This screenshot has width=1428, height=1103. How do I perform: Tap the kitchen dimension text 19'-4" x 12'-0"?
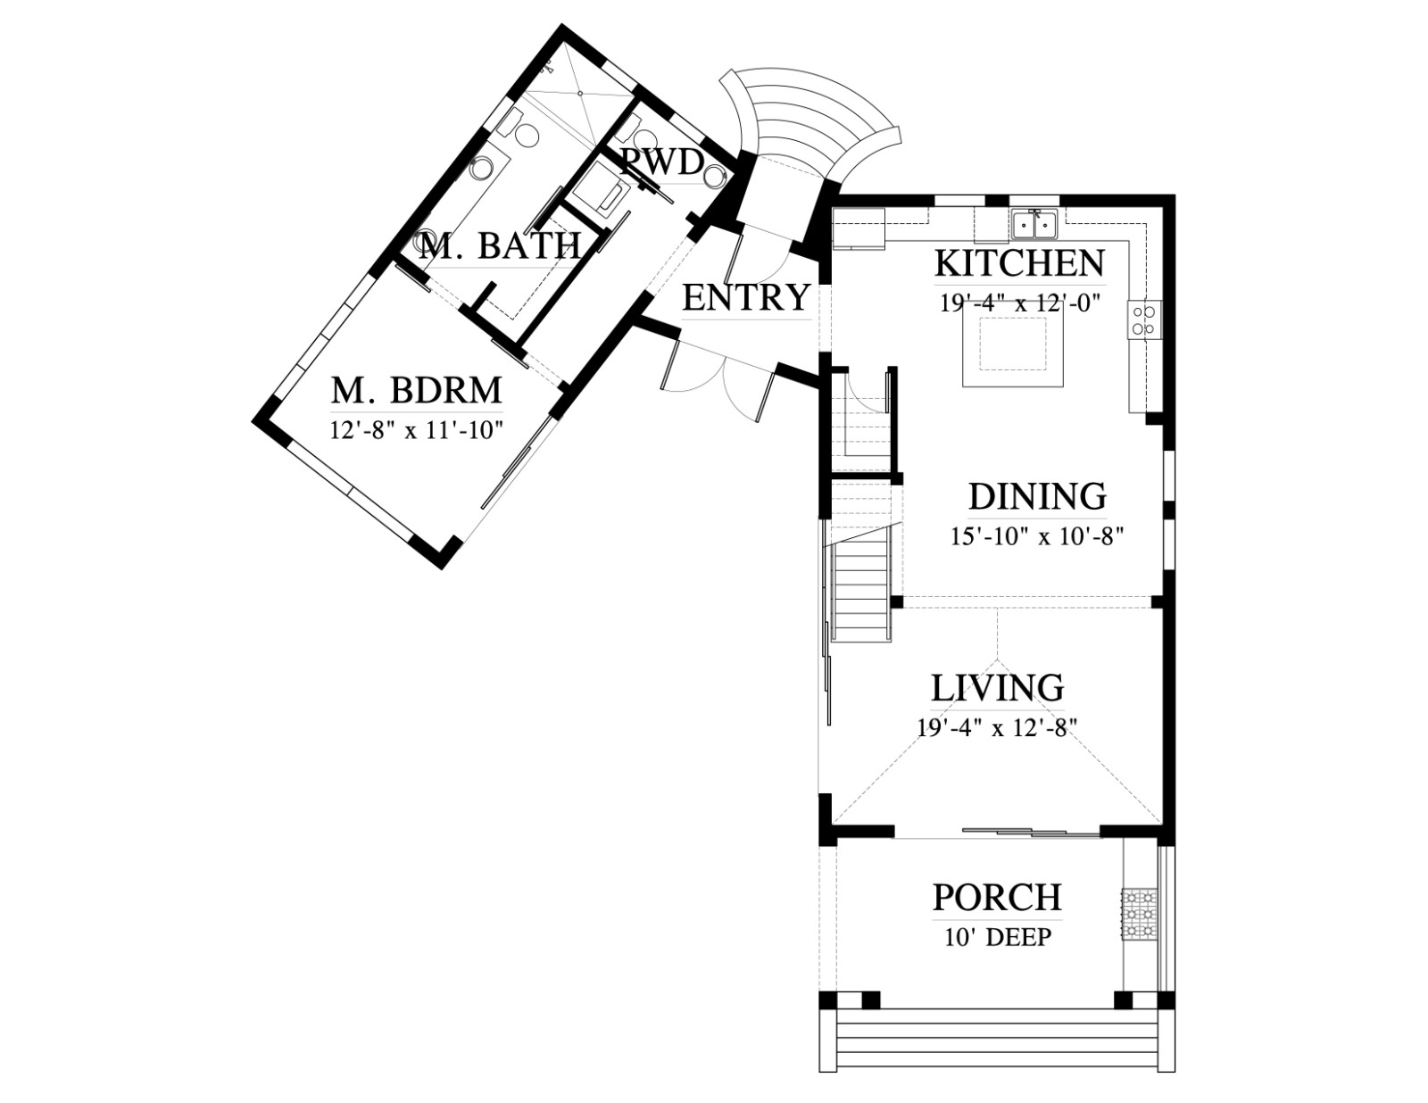click(x=1020, y=303)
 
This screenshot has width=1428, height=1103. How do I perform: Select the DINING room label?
click(x=1037, y=497)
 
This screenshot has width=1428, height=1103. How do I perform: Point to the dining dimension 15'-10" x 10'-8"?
click(x=1037, y=536)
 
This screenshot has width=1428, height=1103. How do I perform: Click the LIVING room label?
click(x=998, y=688)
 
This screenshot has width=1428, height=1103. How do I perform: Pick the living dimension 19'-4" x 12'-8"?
click(x=997, y=727)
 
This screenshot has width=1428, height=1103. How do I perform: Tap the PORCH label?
click(x=997, y=898)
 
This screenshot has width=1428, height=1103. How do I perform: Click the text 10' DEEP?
click(x=998, y=937)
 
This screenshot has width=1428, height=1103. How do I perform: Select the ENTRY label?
click(x=746, y=297)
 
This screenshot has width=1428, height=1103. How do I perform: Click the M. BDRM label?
click(x=416, y=390)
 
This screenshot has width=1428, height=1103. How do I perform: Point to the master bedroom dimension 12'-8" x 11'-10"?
click(x=417, y=430)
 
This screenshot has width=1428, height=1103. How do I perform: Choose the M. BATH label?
click(x=500, y=245)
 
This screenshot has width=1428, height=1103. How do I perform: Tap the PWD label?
click(x=662, y=162)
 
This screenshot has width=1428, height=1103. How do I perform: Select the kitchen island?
click(x=1013, y=344)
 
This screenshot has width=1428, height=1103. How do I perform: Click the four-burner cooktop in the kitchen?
click(x=1144, y=320)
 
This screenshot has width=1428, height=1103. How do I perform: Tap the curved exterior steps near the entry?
click(x=812, y=122)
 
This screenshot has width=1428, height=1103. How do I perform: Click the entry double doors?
click(x=721, y=381)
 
